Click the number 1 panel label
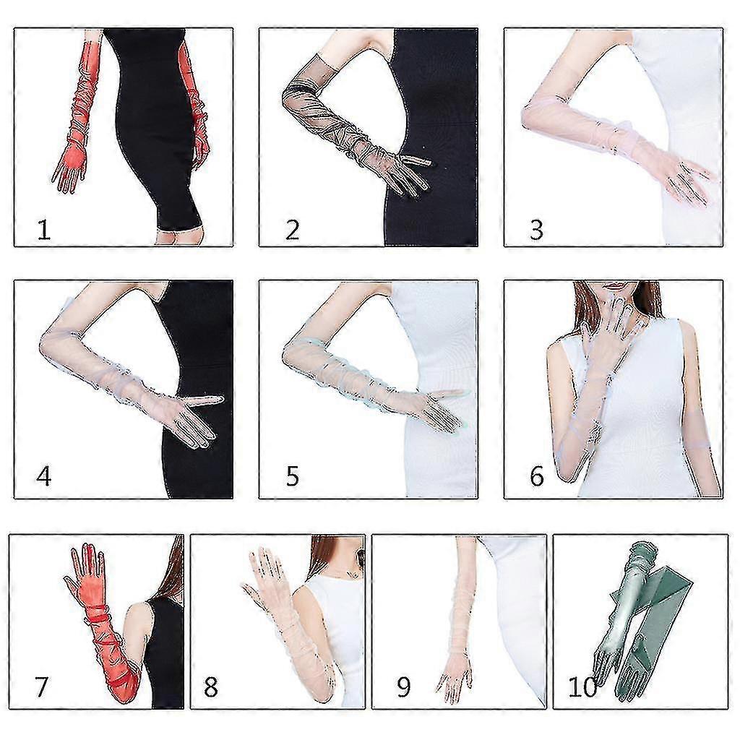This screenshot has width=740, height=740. pyautogui.click(x=43, y=231)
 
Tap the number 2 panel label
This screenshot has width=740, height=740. pyautogui.click(x=292, y=231)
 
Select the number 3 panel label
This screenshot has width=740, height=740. pyautogui.click(x=537, y=231)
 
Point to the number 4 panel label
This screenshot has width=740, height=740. pyautogui.click(x=43, y=476)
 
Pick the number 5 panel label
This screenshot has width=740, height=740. pyautogui.click(x=292, y=476)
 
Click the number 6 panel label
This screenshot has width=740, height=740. pyautogui.click(x=537, y=476)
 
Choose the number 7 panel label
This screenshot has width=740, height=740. pyautogui.click(x=41, y=687)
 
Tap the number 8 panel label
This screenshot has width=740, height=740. pyautogui.click(x=210, y=687)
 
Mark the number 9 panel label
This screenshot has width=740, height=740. pyautogui.click(x=403, y=687)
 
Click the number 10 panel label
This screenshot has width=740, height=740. pyautogui.click(x=583, y=687)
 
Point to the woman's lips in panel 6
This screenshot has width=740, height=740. pyautogui.click(x=616, y=286)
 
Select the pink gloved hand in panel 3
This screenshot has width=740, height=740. pyautogui.click(x=689, y=181)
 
